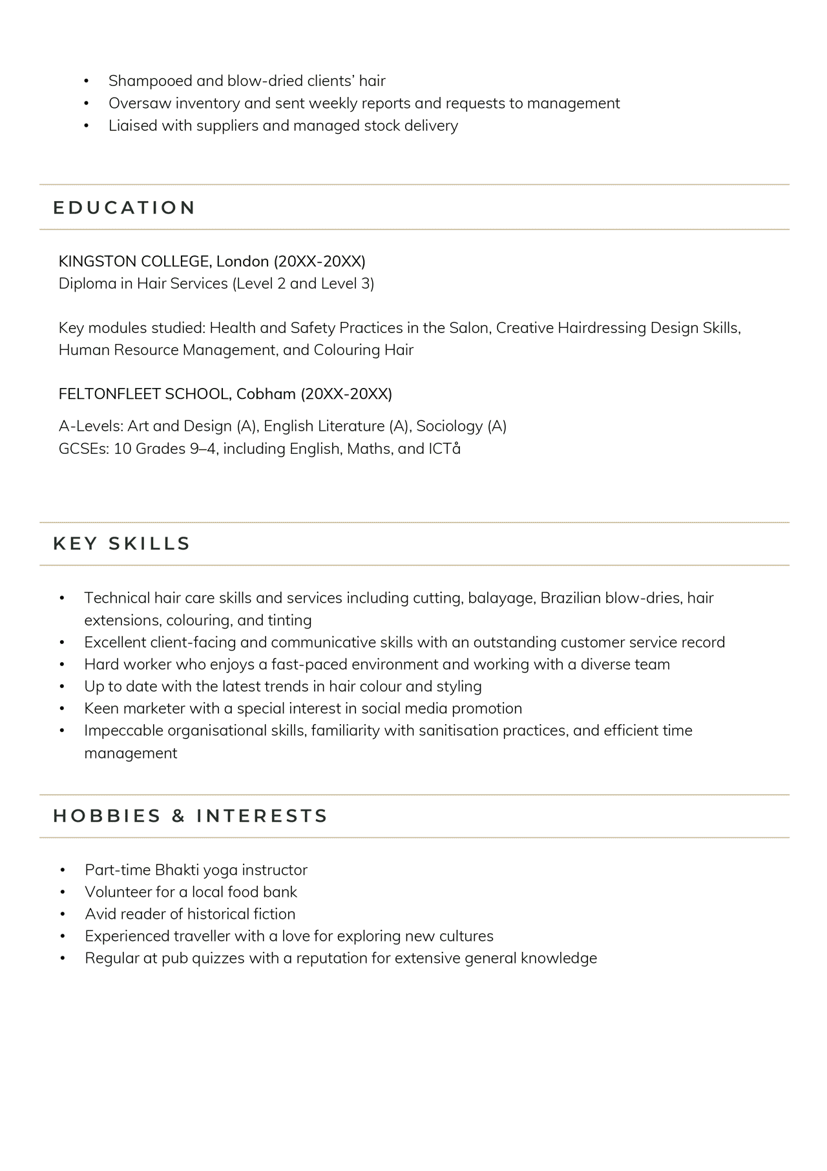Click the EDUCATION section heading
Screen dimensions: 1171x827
[124, 208]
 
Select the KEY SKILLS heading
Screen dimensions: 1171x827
[121, 544]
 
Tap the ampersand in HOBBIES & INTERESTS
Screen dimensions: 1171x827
[178, 816]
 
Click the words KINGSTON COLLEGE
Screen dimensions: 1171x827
[134, 261]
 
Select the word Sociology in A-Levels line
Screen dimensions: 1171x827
[450, 426]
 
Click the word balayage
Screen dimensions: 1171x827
[501, 598]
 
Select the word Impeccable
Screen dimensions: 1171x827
[123, 731]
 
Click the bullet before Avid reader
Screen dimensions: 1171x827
[63, 914]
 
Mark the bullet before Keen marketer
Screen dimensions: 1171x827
[62, 709]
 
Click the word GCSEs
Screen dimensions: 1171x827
[83, 449]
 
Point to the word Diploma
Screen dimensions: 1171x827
[87, 284]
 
